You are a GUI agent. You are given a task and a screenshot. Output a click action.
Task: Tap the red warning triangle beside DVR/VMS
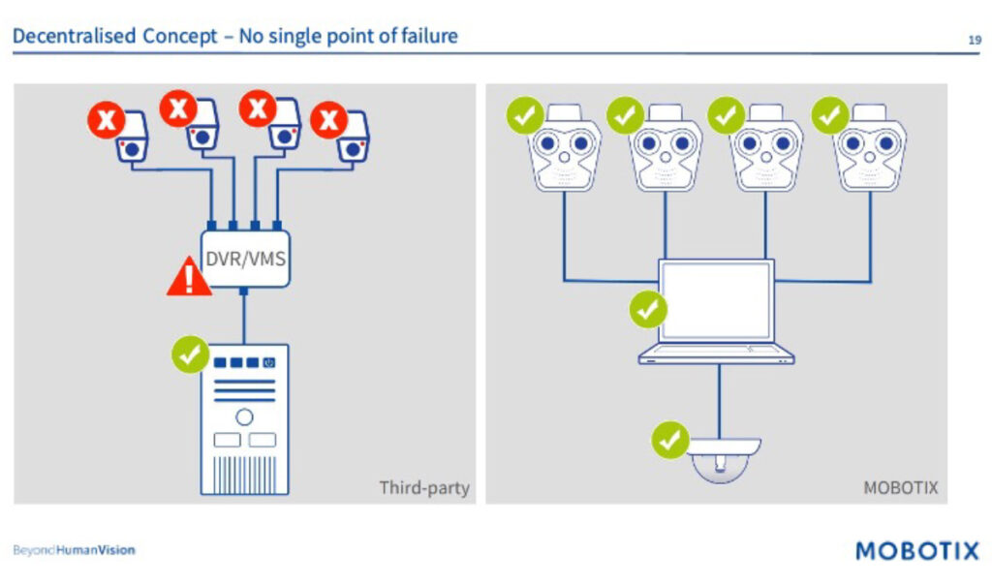click(189, 278)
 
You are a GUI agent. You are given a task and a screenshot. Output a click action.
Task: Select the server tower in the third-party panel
click(244, 419)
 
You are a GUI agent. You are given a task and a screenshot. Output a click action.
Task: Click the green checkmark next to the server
click(191, 354)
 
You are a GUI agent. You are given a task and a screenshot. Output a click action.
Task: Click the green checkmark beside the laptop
click(648, 310)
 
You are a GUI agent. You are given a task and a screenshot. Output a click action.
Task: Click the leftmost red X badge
click(107, 122)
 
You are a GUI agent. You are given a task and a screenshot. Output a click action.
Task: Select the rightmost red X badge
click(329, 121)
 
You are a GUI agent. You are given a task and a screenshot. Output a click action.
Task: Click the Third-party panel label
click(423, 487)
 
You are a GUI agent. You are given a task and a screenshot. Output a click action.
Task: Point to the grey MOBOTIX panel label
click(900, 487)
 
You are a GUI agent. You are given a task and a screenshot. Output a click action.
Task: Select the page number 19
click(974, 40)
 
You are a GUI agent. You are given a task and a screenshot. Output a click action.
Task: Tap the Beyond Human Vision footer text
click(74, 550)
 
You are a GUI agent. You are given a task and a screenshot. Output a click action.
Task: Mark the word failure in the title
click(425, 37)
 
